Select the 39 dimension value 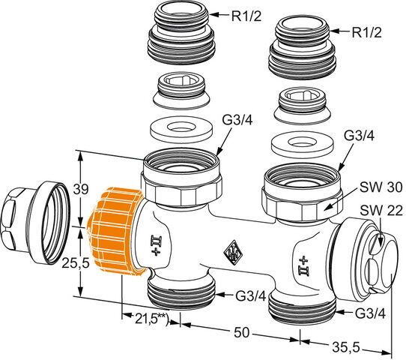(81, 190)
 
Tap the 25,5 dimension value (75, 263)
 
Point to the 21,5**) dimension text (151, 319)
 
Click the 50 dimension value (241, 332)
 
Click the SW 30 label (381, 187)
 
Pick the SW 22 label (381, 211)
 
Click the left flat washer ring (181, 128)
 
